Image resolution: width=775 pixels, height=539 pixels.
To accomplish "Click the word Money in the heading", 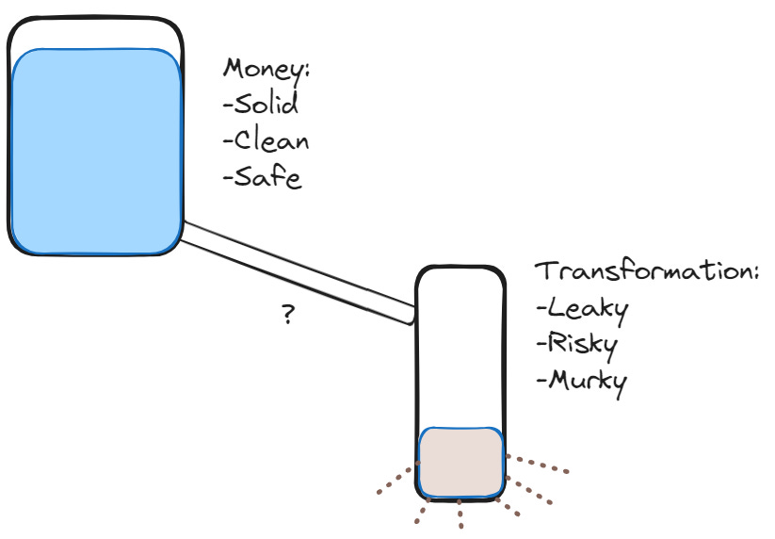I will (x=266, y=71).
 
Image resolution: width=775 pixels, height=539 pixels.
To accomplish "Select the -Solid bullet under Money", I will (x=261, y=105).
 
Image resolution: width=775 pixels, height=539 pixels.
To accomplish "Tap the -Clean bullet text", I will (x=266, y=141).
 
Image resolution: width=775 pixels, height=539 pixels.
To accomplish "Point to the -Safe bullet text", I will (x=263, y=176).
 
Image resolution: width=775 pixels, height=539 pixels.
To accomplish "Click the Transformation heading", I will (x=647, y=271).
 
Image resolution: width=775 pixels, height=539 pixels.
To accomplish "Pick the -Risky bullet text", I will (x=575, y=344).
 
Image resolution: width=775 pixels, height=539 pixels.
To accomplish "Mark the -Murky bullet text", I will (x=581, y=381).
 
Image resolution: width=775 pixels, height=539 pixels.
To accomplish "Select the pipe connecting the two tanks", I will (x=297, y=271).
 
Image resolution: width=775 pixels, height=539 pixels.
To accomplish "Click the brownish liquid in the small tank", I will (x=460, y=462).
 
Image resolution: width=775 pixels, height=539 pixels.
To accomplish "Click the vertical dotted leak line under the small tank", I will (x=460, y=516).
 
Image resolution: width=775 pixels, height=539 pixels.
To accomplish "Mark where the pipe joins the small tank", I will (x=413, y=313).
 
